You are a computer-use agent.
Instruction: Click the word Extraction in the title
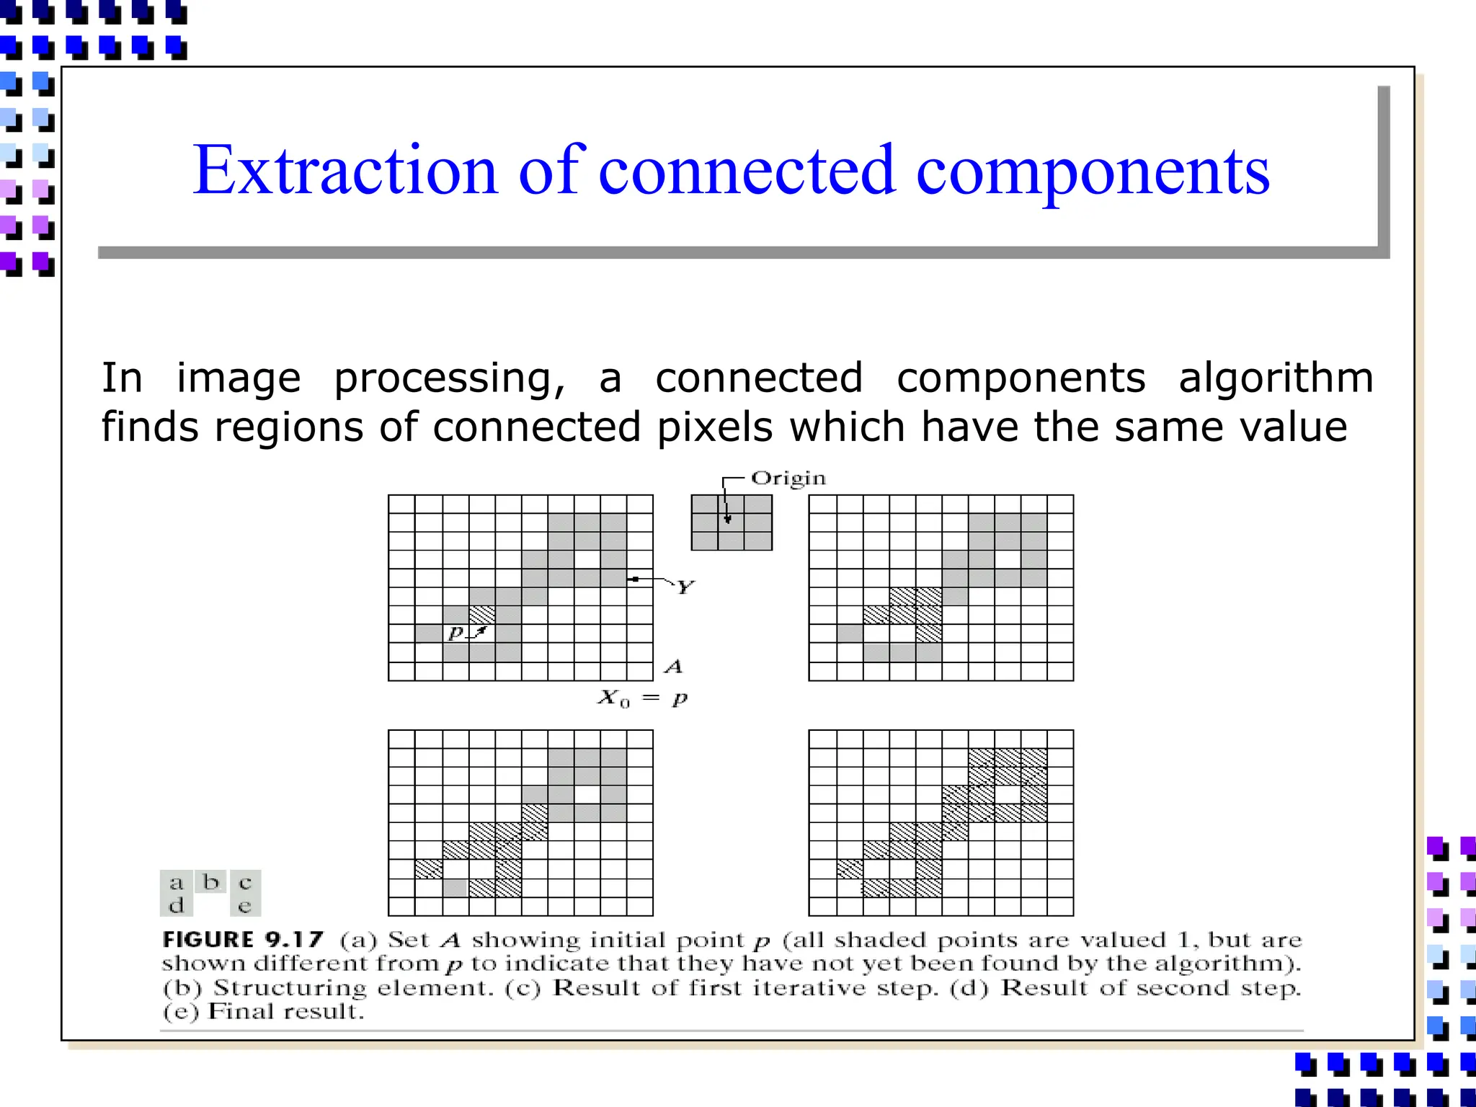click(344, 172)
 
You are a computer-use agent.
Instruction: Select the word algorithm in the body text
click(1276, 378)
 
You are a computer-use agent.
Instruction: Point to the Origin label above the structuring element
click(788, 479)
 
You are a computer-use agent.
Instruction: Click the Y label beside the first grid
click(684, 587)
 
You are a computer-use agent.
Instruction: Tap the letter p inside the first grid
click(455, 633)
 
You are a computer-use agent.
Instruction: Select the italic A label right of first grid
click(673, 667)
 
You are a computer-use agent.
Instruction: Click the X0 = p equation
click(642, 698)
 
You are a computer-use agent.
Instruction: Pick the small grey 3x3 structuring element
click(731, 523)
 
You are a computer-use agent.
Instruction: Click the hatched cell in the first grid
click(482, 615)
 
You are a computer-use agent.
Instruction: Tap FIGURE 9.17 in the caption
click(242, 940)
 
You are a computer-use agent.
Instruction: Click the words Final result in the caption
click(285, 1011)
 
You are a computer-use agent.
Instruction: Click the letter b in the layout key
click(210, 882)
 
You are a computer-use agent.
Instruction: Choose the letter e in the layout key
click(245, 906)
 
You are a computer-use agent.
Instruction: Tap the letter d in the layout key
click(176, 906)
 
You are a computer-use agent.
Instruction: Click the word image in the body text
click(238, 378)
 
